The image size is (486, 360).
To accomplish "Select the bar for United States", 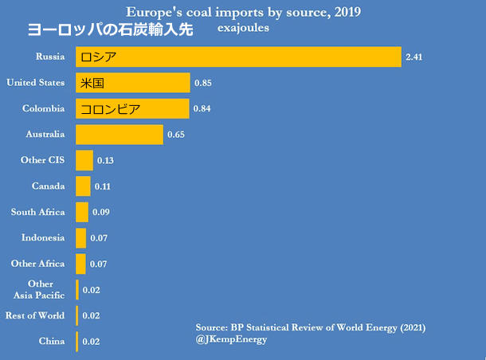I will pyautogui.click(x=133, y=83).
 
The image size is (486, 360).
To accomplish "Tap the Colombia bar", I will pyautogui.click(x=132, y=109).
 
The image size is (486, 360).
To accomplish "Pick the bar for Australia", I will pyautogui.click(x=120, y=135).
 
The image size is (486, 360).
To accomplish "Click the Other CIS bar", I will pyautogui.click(x=84, y=161).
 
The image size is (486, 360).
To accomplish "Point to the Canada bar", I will pyautogui.click(x=83, y=186).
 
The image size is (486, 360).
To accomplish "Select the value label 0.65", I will pyautogui.click(x=176, y=135).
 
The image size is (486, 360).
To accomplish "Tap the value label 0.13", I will pyautogui.click(x=105, y=161).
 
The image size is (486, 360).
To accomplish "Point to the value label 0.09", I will pyautogui.click(x=101, y=213).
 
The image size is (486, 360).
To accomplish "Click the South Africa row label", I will pyautogui.click(x=37, y=212).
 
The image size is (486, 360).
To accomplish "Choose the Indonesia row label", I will pyautogui.click(x=43, y=237).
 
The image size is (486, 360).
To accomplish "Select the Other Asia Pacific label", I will pyautogui.click(x=41, y=289).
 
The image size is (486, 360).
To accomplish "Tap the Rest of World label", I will pyautogui.click(x=35, y=315).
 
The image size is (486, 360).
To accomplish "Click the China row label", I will pyautogui.click(x=51, y=341).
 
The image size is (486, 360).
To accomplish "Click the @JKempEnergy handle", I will pyautogui.click(x=231, y=339).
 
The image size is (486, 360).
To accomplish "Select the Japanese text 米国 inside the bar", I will pyautogui.click(x=92, y=83).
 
